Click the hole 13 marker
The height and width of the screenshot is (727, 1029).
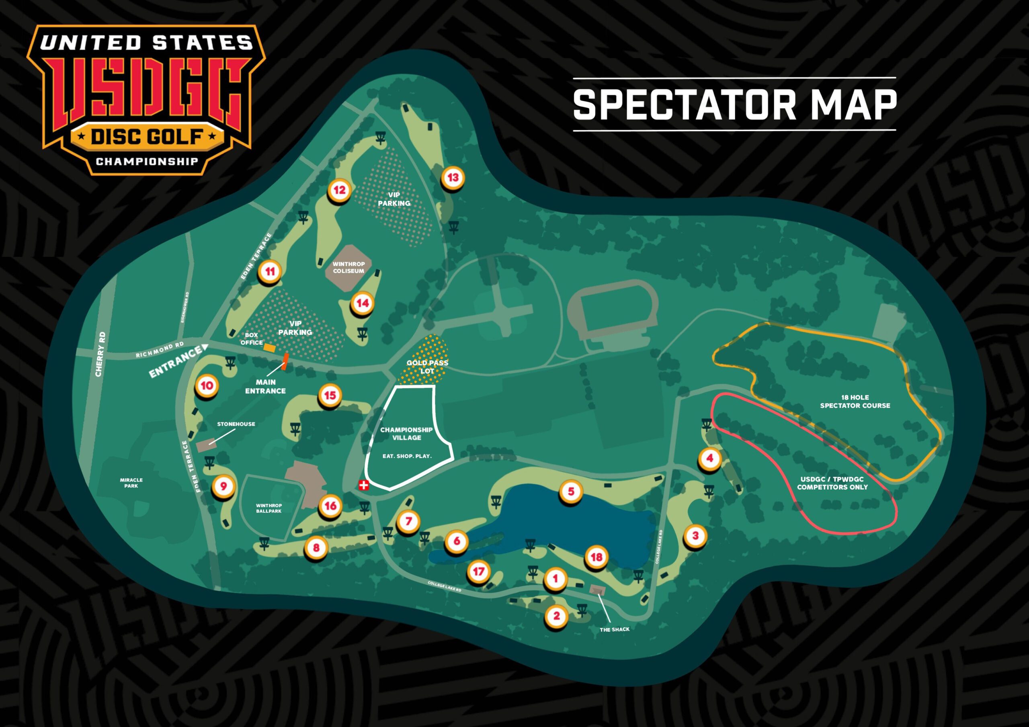[453, 178]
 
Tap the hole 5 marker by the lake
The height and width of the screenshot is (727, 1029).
[570, 491]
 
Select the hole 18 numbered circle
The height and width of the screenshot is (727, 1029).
[596, 557]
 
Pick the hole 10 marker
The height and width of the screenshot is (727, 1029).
[207, 386]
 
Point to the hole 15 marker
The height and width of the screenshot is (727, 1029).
[330, 396]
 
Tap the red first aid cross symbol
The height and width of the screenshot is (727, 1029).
[364, 485]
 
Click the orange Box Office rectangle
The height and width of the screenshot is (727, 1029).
[270, 347]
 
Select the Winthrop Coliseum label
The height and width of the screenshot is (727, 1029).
[348, 268]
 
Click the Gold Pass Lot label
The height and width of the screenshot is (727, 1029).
[427, 367]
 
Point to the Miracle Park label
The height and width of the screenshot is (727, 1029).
[131, 483]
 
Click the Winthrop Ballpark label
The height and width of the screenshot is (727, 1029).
[269, 508]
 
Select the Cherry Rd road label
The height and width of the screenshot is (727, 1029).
[100, 354]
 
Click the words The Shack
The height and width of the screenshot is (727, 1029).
[615, 630]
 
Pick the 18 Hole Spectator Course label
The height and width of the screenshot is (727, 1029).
[855, 401]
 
